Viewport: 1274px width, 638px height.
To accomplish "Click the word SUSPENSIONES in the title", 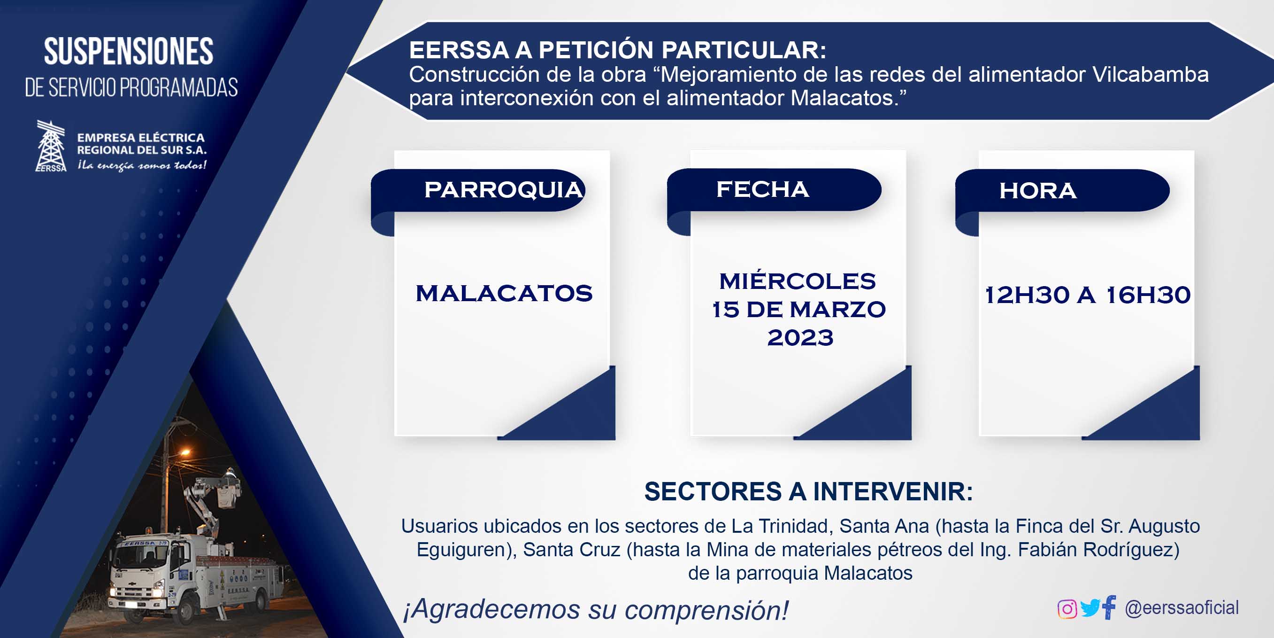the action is (129, 52).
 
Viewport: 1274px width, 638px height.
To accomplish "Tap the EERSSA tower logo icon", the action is (51, 146).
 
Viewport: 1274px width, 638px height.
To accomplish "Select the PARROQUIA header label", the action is (504, 190).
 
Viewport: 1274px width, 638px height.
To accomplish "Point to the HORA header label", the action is (1037, 191).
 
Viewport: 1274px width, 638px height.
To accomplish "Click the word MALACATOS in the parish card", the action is (504, 294).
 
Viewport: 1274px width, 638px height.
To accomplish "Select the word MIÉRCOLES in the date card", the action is (797, 281).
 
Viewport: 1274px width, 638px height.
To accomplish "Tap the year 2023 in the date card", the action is (800, 338).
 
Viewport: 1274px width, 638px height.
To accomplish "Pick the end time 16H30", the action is (1148, 295).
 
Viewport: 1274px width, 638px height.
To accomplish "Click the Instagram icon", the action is (1067, 609).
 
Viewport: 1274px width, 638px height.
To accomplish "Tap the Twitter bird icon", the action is (1090, 608).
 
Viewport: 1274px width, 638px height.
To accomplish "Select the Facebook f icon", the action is (1109, 607).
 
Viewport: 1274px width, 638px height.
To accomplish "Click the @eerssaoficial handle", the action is (1182, 608).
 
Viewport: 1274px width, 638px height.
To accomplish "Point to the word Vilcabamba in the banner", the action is (1151, 75).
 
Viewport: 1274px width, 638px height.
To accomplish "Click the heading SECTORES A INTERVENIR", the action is (809, 491).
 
